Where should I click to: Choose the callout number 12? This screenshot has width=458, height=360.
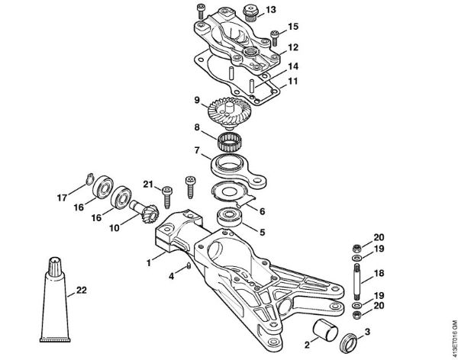[x=293, y=47]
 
